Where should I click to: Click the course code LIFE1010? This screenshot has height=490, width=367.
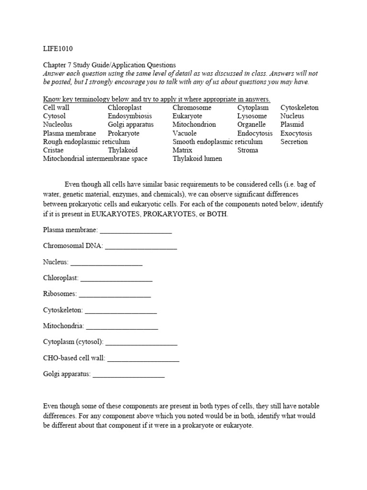tap(58, 48)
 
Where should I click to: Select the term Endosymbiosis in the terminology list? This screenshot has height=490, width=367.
tap(130, 116)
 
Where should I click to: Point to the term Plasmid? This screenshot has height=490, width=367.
tap(292, 124)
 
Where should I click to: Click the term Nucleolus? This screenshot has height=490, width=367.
tap(57, 124)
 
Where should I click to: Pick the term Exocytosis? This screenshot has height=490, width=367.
tap(296, 133)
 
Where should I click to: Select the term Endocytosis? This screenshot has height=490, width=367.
tap(255, 133)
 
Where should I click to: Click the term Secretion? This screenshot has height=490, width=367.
tap(294, 142)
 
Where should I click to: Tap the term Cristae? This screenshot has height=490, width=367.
tap(53, 150)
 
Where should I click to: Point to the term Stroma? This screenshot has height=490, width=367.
tap(248, 150)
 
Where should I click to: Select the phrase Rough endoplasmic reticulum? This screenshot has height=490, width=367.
tap(86, 142)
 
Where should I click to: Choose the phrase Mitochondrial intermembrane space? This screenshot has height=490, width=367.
tap(95, 158)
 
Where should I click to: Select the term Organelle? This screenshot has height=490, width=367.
tap(251, 124)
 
